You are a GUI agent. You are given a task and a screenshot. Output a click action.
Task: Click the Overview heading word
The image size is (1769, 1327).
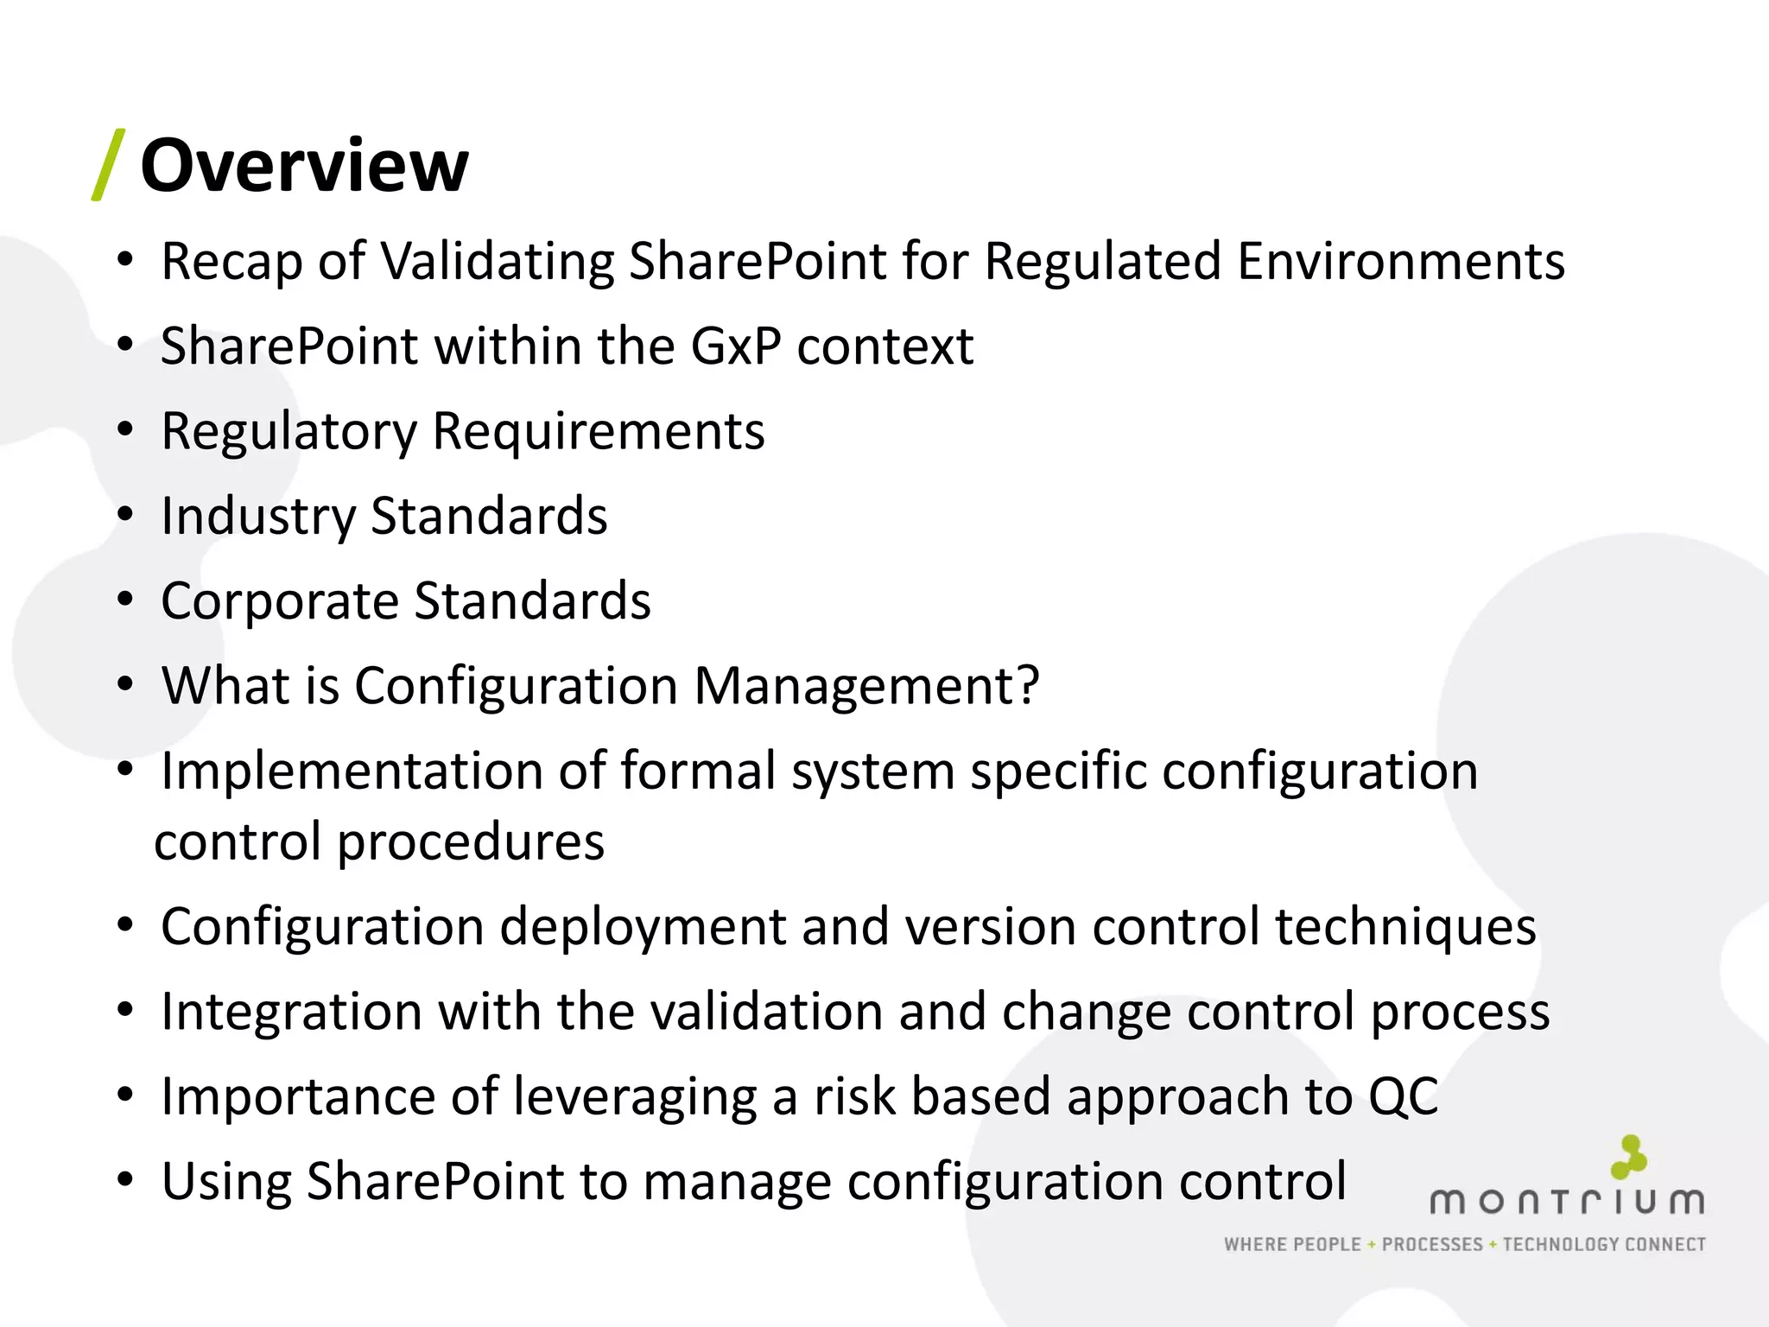pos(304,166)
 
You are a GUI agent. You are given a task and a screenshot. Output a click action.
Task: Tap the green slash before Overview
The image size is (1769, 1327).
pos(109,165)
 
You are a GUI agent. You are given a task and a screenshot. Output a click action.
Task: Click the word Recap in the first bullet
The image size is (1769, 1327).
pos(231,262)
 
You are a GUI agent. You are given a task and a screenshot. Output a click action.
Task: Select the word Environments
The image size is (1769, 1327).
pos(1400,262)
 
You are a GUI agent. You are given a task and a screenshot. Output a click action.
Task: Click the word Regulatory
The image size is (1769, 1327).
pos(288,432)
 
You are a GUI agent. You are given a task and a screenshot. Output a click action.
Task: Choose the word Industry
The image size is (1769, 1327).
pos(258,517)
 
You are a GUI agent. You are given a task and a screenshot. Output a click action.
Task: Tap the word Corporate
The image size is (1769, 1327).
pos(279,601)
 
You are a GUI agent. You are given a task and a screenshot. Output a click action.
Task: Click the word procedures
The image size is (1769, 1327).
pos(470,841)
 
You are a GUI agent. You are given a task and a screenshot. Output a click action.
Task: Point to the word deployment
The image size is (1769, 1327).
pos(643,926)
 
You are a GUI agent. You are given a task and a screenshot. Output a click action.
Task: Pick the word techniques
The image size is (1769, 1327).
pos(1405,926)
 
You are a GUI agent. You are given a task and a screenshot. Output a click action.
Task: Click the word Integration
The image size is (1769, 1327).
pos(291,1012)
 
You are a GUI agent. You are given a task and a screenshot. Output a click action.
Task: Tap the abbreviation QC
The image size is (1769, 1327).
pos(1403,1096)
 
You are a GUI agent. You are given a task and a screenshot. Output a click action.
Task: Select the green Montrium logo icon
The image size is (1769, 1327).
pos(1629,1157)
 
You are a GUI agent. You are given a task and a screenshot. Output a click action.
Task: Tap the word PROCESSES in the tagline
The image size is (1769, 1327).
pos(1432,1245)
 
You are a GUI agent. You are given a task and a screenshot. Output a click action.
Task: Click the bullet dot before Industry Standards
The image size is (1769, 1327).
pos(126,515)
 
